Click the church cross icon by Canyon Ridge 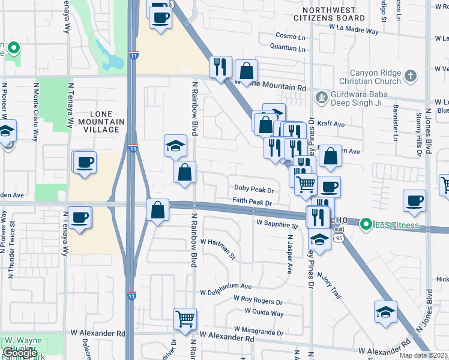(x=410, y=76)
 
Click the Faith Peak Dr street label (x=253, y=202)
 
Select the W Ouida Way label (x=264, y=313)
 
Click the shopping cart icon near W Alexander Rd (x=185, y=319)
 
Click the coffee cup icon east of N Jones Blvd (x=414, y=202)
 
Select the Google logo (x=20, y=353)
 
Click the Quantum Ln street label (x=284, y=46)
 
